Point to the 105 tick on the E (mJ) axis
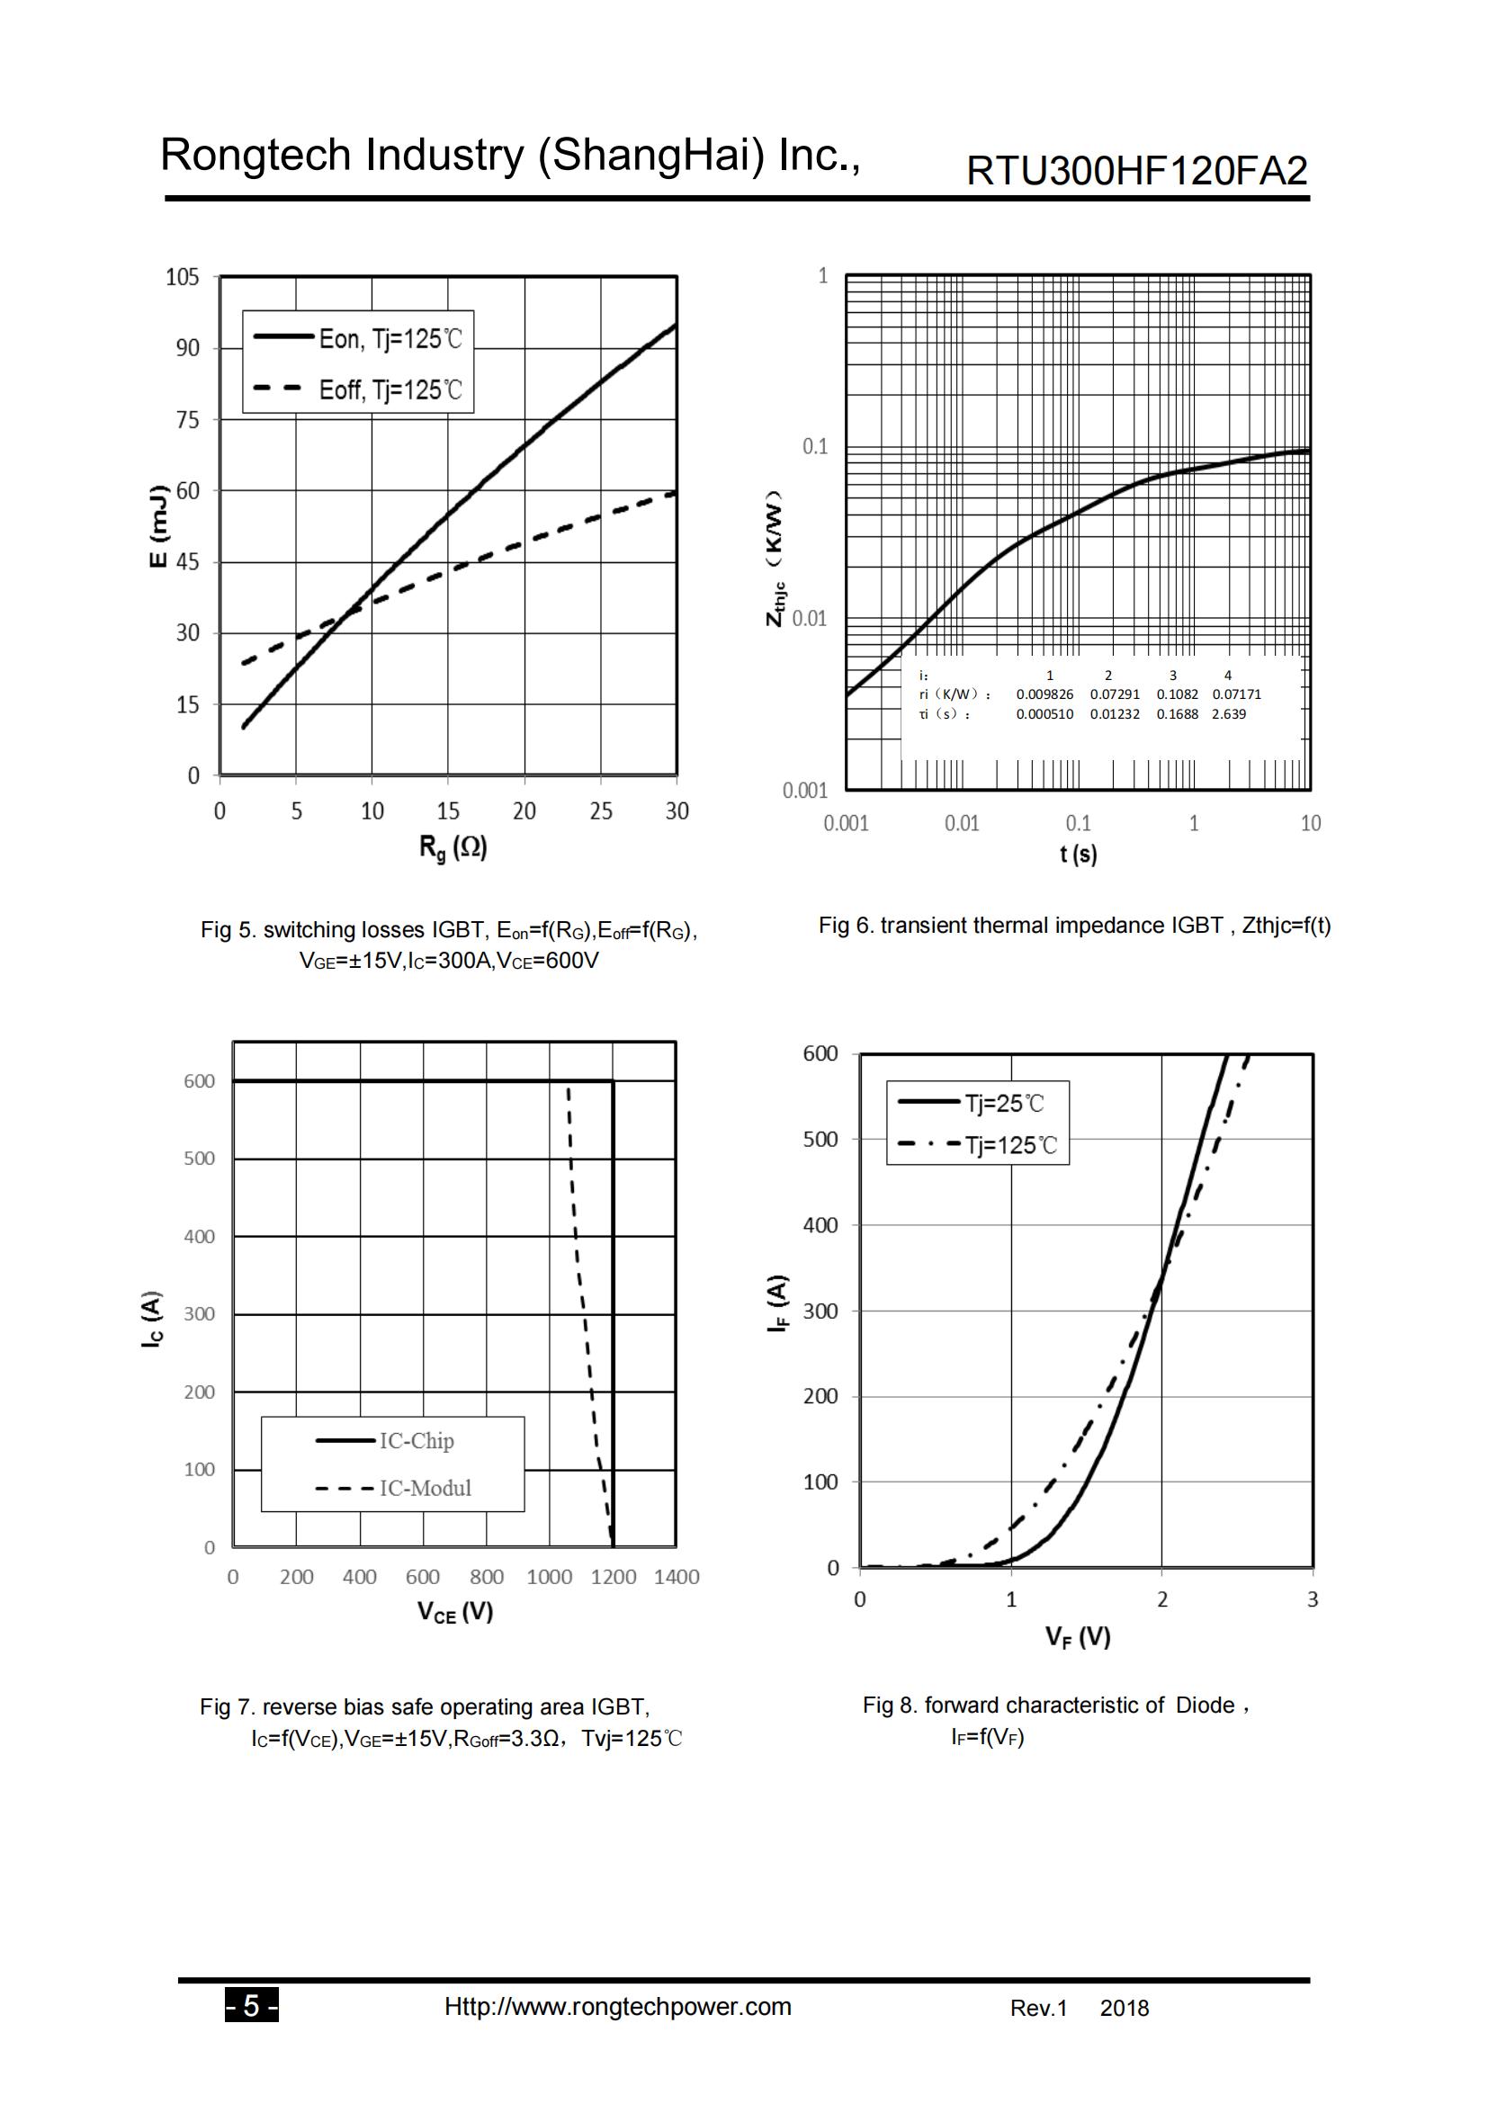pos(183,277)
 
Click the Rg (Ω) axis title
pos(453,847)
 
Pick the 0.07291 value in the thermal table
pos(1114,694)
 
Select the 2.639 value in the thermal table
pos(1228,714)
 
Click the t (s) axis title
pos(1079,854)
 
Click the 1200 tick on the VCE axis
pos(613,1577)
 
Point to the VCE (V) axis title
pos(454,1612)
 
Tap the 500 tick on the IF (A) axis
pos(821,1139)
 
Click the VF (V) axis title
pos(1078,1637)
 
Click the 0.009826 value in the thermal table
pos(1044,694)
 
